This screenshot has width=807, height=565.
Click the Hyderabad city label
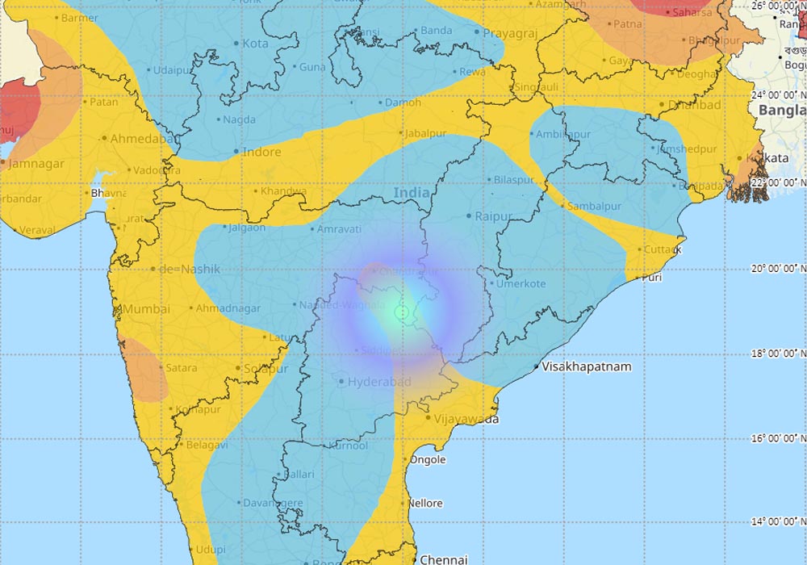379,382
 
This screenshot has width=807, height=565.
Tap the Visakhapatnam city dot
535,367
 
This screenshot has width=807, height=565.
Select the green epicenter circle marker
401,312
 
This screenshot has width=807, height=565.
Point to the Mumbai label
146,309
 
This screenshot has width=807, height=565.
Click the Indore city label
262,152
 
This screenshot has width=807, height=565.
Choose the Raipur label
494,216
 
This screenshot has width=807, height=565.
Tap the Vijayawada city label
466,419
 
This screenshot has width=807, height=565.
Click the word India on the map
412,194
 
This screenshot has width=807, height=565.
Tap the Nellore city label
424,504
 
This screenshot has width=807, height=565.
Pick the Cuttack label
663,249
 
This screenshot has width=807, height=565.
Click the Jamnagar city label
37,164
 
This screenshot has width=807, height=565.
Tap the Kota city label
255,44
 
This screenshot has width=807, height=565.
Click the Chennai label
444,559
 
